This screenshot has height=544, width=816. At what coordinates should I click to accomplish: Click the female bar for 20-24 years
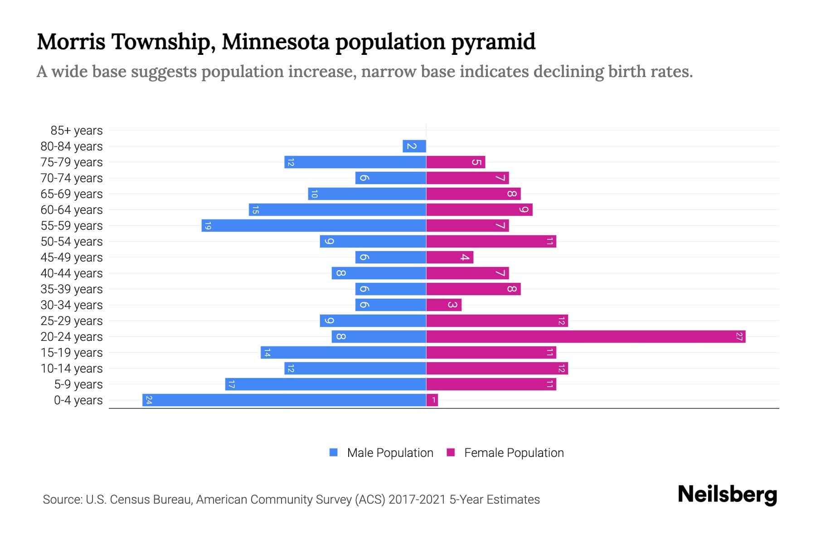click(585, 337)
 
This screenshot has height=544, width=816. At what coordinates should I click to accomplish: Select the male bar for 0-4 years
click(284, 400)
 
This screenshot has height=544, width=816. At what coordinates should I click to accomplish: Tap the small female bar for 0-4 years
click(432, 400)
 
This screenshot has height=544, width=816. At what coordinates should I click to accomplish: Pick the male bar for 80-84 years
click(414, 146)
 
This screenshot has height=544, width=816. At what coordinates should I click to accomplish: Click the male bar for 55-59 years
click(314, 226)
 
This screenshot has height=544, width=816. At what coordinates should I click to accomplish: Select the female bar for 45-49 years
click(449, 257)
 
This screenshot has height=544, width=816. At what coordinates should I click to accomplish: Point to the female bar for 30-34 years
click(443, 305)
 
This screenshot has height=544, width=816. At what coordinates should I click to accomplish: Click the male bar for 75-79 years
click(355, 162)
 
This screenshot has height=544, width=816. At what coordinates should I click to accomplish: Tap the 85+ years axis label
click(77, 131)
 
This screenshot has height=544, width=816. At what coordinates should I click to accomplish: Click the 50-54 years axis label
click(72, 242)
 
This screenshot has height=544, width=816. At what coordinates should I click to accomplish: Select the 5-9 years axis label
click(78, 384)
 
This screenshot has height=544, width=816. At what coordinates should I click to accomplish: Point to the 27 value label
click(739, 337)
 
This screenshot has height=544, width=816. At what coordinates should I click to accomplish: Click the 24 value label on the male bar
click(149, 400)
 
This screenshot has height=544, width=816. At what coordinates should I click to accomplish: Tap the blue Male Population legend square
click(334, 452)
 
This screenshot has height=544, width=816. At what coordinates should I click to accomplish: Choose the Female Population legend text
click(514, 453)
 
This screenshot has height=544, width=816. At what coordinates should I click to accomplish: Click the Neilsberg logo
click(727, 495)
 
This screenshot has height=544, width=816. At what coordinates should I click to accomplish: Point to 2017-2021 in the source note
click(417, 500)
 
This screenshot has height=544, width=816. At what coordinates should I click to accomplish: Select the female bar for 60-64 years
click(479, 210)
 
